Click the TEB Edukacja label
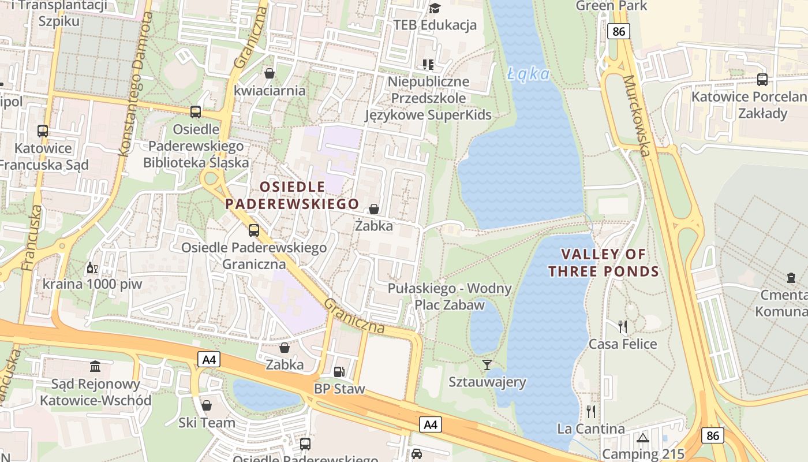click(435, 25)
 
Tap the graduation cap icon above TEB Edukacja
click(435, 8)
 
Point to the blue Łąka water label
click(529, 73)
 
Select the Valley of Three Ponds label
click(604, 263)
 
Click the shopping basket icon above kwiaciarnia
click(269, 73)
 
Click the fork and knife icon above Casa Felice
click(622, 327)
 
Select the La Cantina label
click(590, 429)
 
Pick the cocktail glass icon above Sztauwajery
click(487, 364)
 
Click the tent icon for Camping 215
click(643, 438)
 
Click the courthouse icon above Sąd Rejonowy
click(95, 366)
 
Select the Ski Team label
click(207, 422)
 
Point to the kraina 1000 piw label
click(92, 284)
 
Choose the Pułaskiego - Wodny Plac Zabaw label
click(450, 296)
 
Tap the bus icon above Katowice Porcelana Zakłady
click(762, 80)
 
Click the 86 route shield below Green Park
click(619, 31)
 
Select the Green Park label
click(611, 6)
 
